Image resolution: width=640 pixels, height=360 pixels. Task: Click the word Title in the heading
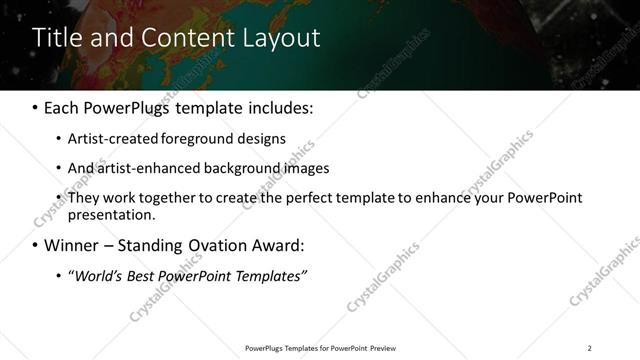coord(55,38)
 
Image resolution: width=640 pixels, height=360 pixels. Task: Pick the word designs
coord(261,138)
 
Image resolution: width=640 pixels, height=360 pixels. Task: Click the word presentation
coord(110,214)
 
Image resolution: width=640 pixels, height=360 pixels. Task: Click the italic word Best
coord(139,275)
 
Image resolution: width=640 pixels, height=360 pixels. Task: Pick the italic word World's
coord(94,275)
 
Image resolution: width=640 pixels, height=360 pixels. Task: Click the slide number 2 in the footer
coord(589,348)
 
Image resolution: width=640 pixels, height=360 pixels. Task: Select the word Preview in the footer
coord(383,348)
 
